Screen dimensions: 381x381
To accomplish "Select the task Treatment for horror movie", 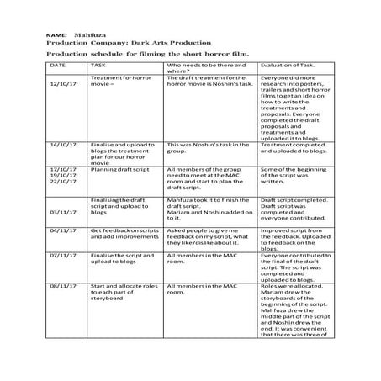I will [x=118, y=81].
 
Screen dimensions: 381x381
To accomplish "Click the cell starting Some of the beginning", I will [x=294, y=175].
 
